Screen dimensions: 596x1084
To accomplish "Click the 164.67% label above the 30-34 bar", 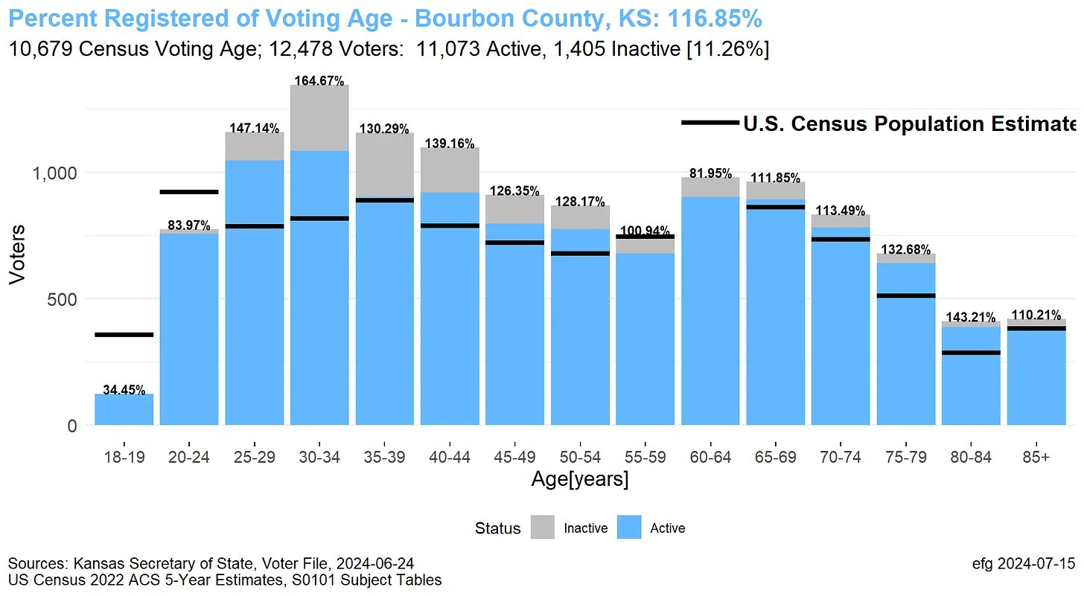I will point(319,80).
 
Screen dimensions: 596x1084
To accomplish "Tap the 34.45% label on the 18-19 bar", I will point(124,389).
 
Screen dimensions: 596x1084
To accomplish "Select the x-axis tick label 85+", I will point(1036,457).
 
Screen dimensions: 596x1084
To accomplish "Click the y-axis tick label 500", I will point(63,299).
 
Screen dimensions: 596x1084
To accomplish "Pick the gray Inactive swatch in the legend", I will point(543,528).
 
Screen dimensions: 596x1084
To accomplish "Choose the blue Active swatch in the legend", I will point(629,528).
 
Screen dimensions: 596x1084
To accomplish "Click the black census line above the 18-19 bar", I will point(124,335).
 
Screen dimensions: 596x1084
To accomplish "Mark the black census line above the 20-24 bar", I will point(189,192).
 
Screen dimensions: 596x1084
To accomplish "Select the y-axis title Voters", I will point(16,254).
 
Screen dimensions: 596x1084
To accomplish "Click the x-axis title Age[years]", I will point(579,480).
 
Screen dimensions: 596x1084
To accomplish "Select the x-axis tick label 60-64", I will point(710,457).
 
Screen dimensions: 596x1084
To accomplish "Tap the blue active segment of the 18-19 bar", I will point(124,410).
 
